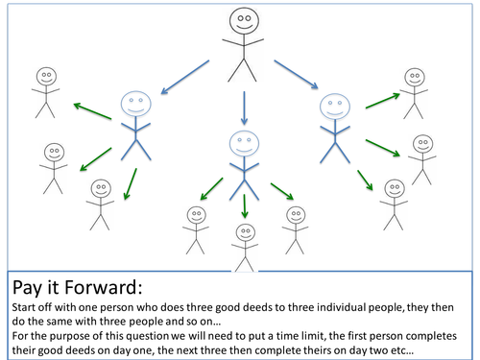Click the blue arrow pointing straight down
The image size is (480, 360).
coord(244,108)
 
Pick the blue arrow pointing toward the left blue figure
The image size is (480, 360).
coord(185,77)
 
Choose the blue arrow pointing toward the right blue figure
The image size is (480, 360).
coord(296,75)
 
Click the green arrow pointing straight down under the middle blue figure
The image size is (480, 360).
coord(245,206)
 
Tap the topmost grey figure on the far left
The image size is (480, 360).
coord(46,93)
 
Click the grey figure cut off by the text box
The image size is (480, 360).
coord(245,248)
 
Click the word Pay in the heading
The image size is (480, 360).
coord(27,288)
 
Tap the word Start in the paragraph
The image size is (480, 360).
coord(23,307)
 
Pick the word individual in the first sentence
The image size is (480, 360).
coord(342,307)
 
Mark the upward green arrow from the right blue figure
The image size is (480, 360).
coord(383,101)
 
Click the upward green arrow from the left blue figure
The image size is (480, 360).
coord(92,111)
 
